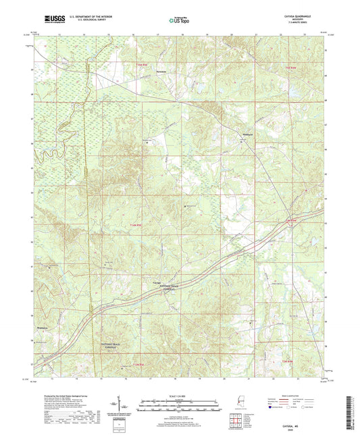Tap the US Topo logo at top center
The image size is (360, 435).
pos(178,21)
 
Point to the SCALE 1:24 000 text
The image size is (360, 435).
pos(179,396)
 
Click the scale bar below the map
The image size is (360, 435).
pos(179,407)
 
